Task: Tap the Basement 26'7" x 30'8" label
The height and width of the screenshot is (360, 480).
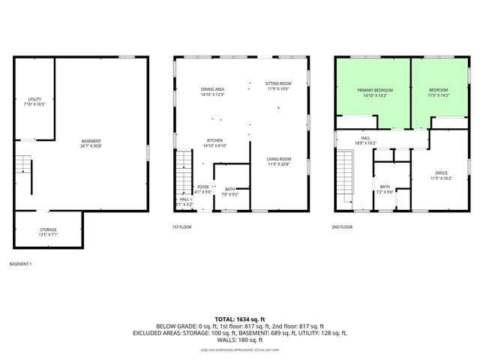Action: coord(91,143)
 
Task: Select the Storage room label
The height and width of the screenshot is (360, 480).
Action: coord(48,232)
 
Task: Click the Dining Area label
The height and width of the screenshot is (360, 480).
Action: coord(213,92)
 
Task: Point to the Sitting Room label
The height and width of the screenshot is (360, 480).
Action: coord(278,85)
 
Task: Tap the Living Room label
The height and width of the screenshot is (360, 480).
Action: coord(280,161)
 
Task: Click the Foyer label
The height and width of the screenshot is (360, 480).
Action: coord(203,189)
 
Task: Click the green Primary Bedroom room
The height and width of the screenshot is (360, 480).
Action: coord(373,91)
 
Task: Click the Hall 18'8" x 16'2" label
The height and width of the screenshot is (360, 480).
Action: coord(366,140)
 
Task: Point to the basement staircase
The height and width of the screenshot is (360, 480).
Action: coord(24,175)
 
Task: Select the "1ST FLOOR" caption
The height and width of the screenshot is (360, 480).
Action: coord(182,226)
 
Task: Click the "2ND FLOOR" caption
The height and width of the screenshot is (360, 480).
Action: coord(342,226)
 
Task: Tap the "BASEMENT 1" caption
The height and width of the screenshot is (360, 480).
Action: coord(20,264)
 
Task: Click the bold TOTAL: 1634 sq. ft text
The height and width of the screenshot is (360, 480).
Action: coord(240,319)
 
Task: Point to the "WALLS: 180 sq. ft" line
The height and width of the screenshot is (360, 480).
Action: coord(240,340)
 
